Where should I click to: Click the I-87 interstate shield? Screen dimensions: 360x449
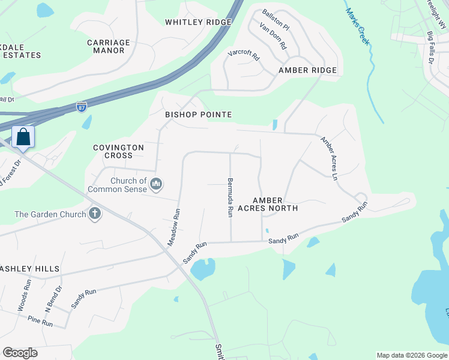click(x=82, y=106)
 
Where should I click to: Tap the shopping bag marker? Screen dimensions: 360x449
click(x=23, y=137)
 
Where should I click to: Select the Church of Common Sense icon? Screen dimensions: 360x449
click(x=156, y=184)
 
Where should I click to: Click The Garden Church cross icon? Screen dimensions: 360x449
click(x=95, y=214)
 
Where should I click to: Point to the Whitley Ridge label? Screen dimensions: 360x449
click(x=198, y=22)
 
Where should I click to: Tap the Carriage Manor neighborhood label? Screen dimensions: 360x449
click(x=109, y=47)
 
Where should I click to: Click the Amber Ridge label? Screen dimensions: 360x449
click(x=307, y=70)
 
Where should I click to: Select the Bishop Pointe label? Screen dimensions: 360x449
click(x=198, y=115)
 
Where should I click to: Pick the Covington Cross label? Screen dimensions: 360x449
click(x=118, y=151)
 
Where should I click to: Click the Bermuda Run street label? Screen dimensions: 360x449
click(x=229, y=197)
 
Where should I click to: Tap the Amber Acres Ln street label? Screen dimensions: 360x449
click(x=329, y=158)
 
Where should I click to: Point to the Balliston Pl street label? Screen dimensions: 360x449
click(x=276, y=20)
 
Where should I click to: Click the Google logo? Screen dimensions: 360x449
click(x=20, y=353)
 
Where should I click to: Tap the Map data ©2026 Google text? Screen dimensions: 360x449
click(x=411, y=355)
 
